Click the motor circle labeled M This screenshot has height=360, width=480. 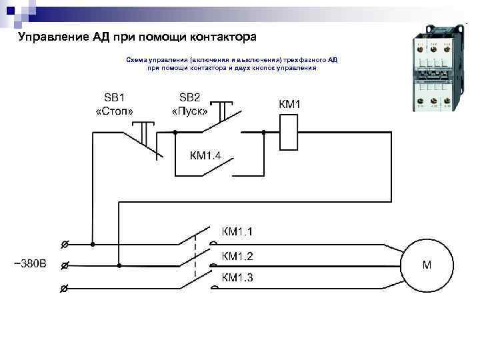(x=426, y=265)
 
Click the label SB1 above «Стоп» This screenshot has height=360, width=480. (x=114, y=97)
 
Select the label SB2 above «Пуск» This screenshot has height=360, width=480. (x=189, y=97)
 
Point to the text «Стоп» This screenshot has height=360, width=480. (x=115, y=111)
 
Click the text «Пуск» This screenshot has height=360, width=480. (x=190, y=111)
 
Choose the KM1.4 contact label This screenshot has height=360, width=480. (x=210, y=156)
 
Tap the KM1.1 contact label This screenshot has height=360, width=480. (x=237, y=232)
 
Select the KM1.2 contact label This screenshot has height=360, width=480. (x=237, y=256)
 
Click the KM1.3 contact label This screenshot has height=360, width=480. (x=237, y=277)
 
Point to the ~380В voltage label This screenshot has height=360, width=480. (x=31, y=263)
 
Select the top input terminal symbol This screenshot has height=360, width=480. (x=64, y=243)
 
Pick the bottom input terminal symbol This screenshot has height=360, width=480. (x=64, y=289)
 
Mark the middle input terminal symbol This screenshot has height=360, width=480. (x=64, y=265)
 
